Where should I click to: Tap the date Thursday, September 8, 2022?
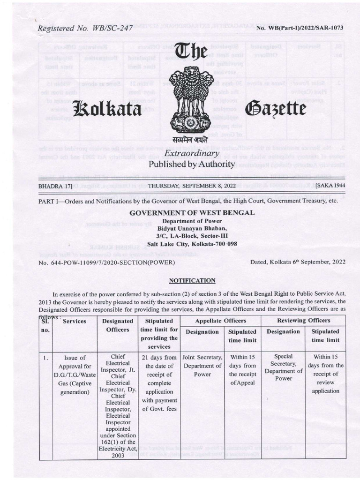[191, 186]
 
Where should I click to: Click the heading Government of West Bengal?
[192, 212]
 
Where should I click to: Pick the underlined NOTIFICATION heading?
[192, 280]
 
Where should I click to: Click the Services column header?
[75, 322]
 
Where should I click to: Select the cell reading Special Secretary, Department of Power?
[283, 367]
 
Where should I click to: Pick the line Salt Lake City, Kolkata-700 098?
[191, 244]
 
